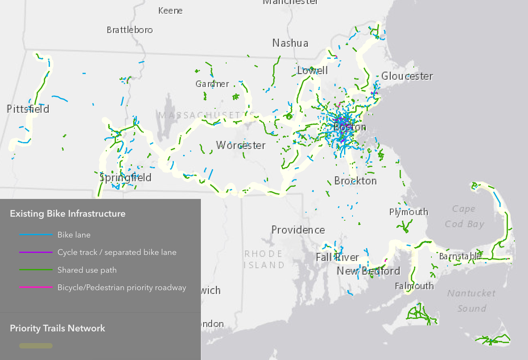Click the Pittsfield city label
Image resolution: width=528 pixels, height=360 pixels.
tap(28, 109)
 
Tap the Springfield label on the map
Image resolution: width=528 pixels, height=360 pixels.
tap(126, 178)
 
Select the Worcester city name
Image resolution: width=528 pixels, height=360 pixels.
tap(241, 145)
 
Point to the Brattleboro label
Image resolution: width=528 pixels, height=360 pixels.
tap(130, 30)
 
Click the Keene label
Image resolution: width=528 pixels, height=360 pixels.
tap(170, 10)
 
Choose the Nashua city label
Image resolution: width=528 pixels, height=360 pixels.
tap(290, 43)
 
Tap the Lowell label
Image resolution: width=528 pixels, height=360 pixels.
tap(312, 70)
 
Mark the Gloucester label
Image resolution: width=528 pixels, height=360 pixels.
tap(407, 76)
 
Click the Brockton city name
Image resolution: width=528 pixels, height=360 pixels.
tap(355, 181)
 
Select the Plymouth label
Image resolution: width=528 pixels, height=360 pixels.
tap(408, 212)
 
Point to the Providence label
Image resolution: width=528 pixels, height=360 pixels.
tap(298, 230)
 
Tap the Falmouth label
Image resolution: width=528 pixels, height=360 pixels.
tap(414, 286)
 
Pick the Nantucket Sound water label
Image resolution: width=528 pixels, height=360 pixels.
tap(471, 300)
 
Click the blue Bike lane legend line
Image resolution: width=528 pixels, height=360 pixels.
tap(36, 235)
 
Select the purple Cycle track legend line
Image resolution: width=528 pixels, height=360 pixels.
tap(36, 252)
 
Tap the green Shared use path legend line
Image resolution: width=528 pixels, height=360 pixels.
tap(36, 270)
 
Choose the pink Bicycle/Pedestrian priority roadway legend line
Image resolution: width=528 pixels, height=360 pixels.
tap(36, 288)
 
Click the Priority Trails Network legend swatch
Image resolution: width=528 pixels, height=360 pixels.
tap(36, 346)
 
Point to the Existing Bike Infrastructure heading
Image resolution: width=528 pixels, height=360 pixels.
tap(68, 213)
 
